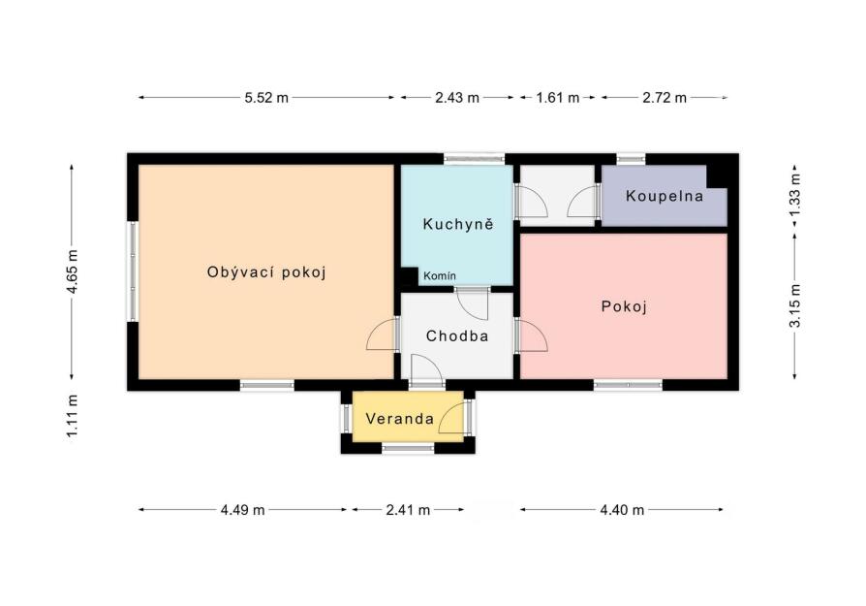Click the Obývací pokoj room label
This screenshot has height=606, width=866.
(266, 272)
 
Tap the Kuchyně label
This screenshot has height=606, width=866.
(458, 224)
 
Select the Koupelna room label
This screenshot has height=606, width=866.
(665, 196)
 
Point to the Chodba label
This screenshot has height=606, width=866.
(457, 335)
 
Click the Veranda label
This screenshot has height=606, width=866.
(400, 419)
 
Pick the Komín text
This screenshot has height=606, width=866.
(440, 275)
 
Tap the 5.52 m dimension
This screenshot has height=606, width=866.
(266, 98)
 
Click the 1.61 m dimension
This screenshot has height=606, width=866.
(558, 98)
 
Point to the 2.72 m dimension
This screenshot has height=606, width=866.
(665, 98)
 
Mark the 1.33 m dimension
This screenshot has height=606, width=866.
(794, 195)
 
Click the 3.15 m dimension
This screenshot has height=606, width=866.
(794, 305)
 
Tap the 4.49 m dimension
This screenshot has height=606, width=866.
(242, 510)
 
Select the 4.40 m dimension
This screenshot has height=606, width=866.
(622, 510)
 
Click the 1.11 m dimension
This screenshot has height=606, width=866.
(73, 416)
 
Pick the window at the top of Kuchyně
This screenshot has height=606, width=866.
(475, 159)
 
